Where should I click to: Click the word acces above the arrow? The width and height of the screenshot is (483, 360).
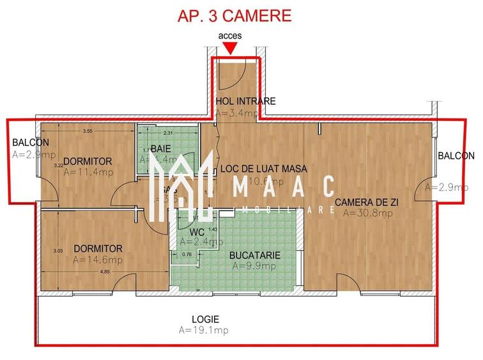point(229,36)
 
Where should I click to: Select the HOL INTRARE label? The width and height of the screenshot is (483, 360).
point(246,101)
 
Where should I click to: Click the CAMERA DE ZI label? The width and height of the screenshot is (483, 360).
point(367,202)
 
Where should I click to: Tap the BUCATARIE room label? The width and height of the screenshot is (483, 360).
point(255,254)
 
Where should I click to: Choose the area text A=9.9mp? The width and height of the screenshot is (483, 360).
point(255,265)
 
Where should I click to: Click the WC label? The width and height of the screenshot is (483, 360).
point(196,231)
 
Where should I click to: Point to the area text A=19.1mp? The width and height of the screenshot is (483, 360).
point(204,330)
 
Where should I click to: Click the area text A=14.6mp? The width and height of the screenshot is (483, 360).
point(98,260)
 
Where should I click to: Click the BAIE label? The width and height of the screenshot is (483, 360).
point(161,148)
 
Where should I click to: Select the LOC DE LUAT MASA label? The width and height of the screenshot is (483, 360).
point(263,169)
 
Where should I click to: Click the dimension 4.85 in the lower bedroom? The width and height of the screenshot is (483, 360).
point(105,272)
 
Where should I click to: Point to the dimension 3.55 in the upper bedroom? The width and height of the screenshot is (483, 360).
point(88,131)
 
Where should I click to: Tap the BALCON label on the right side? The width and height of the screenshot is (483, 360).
point(456,156)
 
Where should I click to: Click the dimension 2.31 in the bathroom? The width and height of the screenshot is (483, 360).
point(168,133)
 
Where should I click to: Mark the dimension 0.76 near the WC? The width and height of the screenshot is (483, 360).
point(187,254)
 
